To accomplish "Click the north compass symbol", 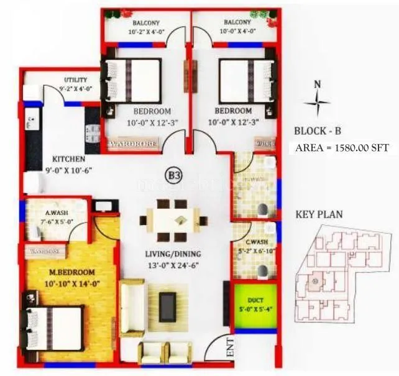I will click(318, 100).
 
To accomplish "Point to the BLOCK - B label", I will click(318, 131).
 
